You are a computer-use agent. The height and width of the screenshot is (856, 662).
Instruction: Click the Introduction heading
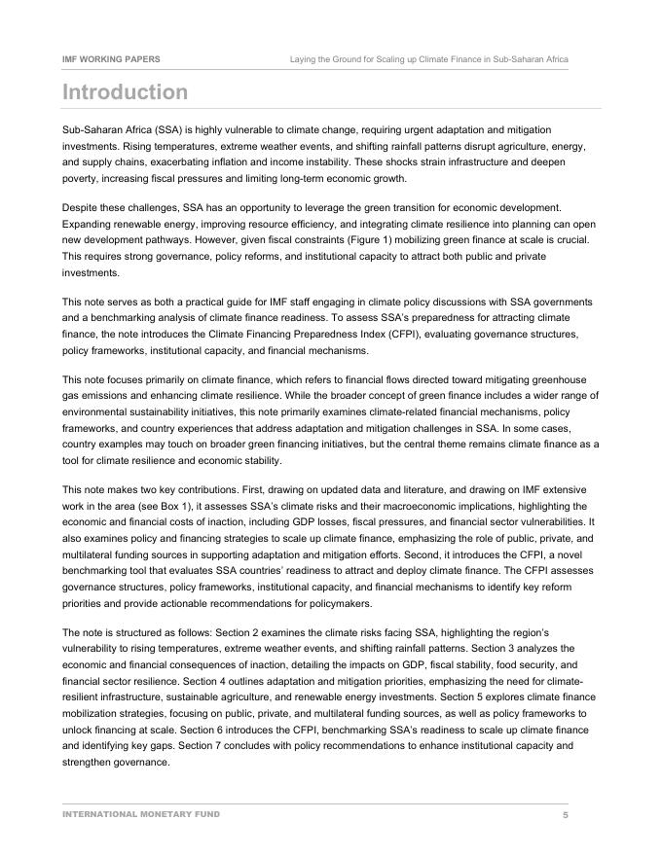pyautogui.click(x=125, y=92)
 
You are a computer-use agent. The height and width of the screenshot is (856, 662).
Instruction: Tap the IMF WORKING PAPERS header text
pyautogui.click(x=111, y=59)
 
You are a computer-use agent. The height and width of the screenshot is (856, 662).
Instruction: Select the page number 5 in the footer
pyautogui.click(x=565, y=814)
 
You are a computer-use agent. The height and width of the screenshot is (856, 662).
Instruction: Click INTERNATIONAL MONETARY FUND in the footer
pyautogui.click(x=141, y=814)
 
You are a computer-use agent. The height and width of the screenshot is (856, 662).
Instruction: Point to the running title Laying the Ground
pyautogui.click(x=428, y=59)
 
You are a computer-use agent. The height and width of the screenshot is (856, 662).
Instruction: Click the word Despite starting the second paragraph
pyautogui.click(x=81, y=207)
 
